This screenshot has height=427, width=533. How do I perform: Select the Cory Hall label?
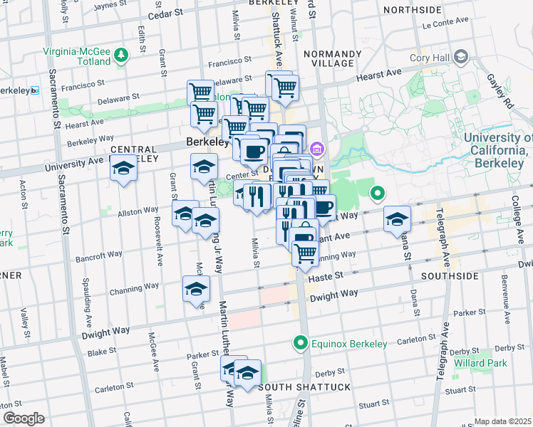pyautogui.click(x=430, y=58)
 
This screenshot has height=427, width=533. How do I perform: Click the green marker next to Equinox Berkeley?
pyautogui.click(x=301, y=343)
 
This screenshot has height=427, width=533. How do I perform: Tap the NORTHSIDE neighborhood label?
pyautogui.click(x=412, y=10)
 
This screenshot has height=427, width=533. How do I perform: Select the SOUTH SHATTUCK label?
pyautogui.click(x=305, y=386)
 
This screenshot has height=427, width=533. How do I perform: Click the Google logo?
pyautogui.click(x=23, y=418)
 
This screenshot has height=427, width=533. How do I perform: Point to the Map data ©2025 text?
pyautogui.click(x=503, y=421)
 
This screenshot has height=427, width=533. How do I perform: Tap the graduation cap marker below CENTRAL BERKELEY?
pyautogui.click(x=123, y=169)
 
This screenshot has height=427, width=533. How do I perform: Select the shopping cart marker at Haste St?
pyautogui.click(x=305, y=253)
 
